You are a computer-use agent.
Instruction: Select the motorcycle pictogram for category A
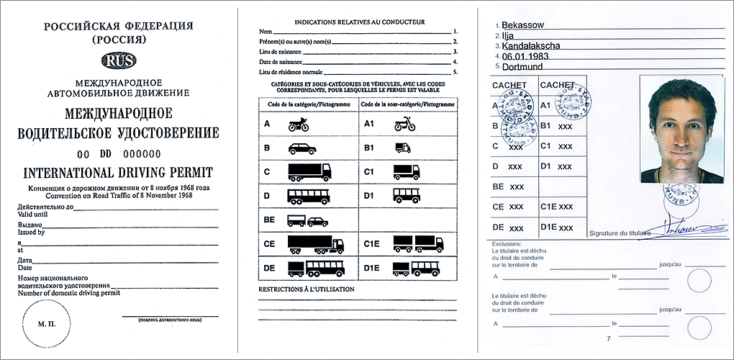(x=299, y=125)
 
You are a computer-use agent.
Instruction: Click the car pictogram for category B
(x=300, y=149)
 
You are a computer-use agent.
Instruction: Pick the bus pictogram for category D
(x=308, y=196)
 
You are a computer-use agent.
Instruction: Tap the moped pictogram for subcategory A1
(x=404, y=125)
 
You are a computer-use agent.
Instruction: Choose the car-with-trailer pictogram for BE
(x=307, y=221)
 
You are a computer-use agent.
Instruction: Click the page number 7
(x=609, y=338)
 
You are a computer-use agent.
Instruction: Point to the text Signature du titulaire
(x=619, y=233)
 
